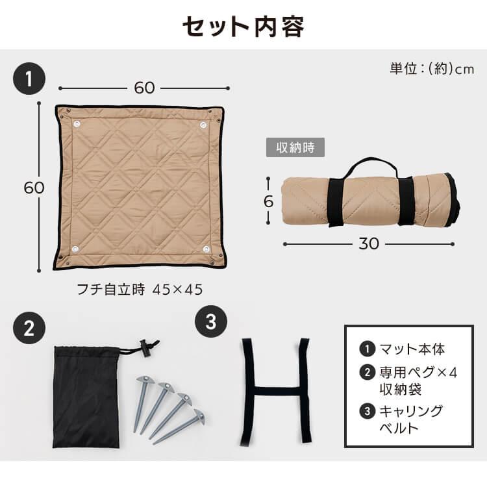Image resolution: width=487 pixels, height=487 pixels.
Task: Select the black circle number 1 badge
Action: [x=29, y=80]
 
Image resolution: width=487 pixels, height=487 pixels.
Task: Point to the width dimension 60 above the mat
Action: [x=144, y=88]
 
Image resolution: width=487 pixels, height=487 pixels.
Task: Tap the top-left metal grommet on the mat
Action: [x=77, y=124]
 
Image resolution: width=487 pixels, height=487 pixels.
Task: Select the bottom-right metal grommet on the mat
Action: [x=206, y=249]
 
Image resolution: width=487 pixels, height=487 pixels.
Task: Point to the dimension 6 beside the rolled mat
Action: [x=268, y=201]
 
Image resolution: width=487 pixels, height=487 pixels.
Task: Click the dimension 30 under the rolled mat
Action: [x=369, y=243]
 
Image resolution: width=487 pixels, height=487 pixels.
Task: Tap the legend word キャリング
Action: [x=412, y=411]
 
